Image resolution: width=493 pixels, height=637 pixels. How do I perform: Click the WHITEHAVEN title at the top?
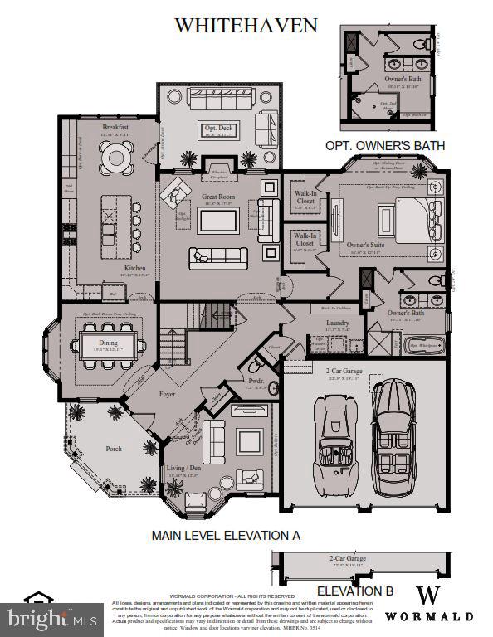[246, 26]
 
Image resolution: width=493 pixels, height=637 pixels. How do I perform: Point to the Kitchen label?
[135, 268]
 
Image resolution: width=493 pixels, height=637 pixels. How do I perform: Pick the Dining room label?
[108, 342]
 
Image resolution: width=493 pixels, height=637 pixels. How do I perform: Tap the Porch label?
[114, 449]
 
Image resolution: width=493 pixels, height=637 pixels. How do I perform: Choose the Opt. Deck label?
[219, 127]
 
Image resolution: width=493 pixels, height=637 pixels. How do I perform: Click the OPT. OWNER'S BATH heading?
[385, 146]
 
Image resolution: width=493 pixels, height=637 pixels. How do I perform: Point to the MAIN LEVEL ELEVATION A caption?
[226, 536]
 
